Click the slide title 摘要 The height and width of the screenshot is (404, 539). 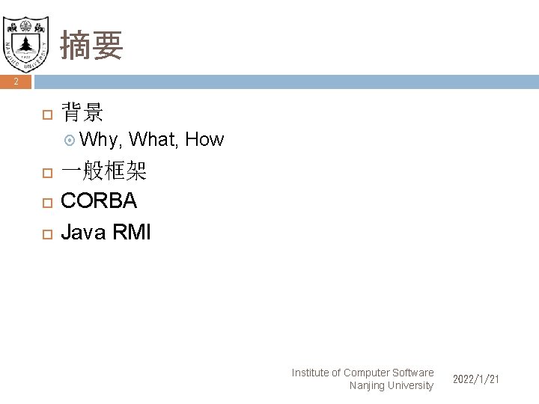pos(91,46)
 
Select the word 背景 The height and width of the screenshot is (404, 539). pos(82,114)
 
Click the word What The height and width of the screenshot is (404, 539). pos(153,139)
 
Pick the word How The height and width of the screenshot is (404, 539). pos(204,139)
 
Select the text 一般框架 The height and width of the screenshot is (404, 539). pos(103,173)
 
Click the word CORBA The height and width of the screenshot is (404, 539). pos(99,201)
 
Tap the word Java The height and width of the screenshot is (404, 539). pos(84,232)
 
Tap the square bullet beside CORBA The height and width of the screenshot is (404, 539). pos(46,203)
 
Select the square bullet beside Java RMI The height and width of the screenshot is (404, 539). pos(46,233)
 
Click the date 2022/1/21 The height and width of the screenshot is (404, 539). pos(475,380)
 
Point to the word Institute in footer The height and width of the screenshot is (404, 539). pos(315,373)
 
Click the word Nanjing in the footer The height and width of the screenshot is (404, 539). pos(367,386)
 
